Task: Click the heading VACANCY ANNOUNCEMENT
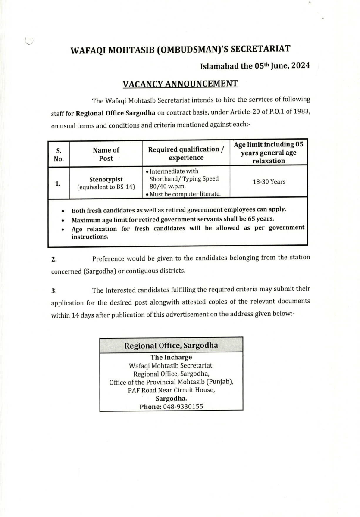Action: click(180, 84)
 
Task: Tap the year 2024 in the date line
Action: click(299, 66)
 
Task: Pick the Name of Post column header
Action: click(106, 154)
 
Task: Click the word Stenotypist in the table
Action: click(106, 179)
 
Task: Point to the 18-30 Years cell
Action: click(269, 181)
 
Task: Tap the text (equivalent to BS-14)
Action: click(106, 187)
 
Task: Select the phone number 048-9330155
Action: click(183, 406)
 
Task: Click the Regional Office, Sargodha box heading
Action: click(171, 346)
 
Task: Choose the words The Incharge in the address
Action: click(171, 357)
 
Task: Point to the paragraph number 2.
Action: click(54, 259)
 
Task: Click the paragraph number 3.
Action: click(54, 290)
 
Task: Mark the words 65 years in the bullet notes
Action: click(261, 218)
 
